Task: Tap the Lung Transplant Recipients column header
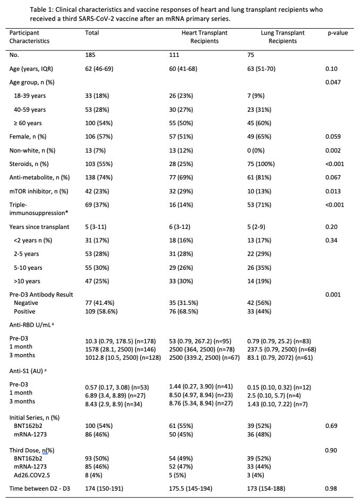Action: pyautogui.click(x=282, y=37)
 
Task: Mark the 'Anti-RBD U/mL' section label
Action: pyautogui.click(x=32, y=324)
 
